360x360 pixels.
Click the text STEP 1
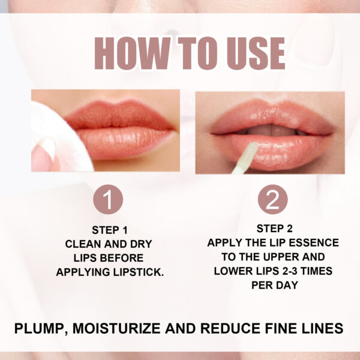coord(110,230)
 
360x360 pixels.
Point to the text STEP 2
coord(273,228)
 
